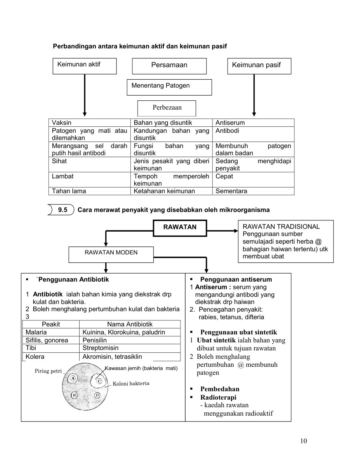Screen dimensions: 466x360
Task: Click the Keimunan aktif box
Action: (x=84, y=66)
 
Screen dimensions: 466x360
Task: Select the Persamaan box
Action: (x=169, y=66)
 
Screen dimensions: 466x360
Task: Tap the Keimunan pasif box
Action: (x=259, y=66)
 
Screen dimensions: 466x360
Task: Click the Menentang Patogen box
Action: (x=169, y=87)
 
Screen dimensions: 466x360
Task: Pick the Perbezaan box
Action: (x=166, y=108)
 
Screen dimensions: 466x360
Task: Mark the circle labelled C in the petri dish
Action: (x=98, y=381)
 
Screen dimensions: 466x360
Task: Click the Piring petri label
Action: (x=47, y=371)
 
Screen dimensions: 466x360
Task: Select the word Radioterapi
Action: (x=218, y=398)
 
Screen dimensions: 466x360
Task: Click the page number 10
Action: (x=303, y=441)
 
